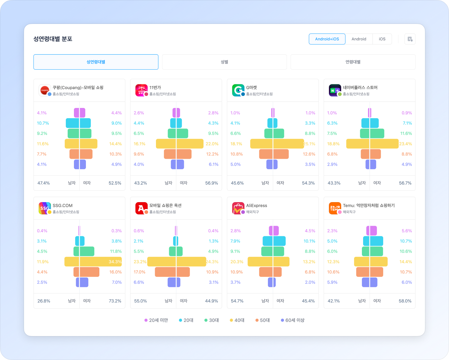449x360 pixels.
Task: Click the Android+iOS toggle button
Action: coord(327,39)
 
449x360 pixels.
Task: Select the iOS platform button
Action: coord(382,39)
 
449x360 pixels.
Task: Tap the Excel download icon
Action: coord(410,39)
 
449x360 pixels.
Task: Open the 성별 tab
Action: coord(224,62)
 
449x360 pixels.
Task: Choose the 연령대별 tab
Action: coord(353,62)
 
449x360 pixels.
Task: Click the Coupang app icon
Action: coord(45,90)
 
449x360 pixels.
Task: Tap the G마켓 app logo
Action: coord(238,90)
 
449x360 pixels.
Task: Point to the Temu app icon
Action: coord(335,208)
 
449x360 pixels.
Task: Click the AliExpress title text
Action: coord(257,205)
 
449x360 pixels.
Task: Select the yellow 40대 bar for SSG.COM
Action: coord(93,262)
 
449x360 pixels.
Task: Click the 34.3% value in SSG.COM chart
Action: coord(115,262)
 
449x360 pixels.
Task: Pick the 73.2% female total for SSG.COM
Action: coord(115,301)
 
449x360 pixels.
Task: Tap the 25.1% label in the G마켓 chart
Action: coord(309,144)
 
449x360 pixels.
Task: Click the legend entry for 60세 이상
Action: coord(292,320)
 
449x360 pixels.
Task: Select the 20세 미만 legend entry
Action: coord(156,320)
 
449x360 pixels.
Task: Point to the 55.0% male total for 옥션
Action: coord(140,301)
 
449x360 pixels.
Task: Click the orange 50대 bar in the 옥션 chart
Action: coord(172,272)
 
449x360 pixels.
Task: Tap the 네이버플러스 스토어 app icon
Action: coord(335,90)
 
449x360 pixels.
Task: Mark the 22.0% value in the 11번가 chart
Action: coord(212,144)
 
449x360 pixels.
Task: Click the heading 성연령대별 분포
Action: coord(53,39)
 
